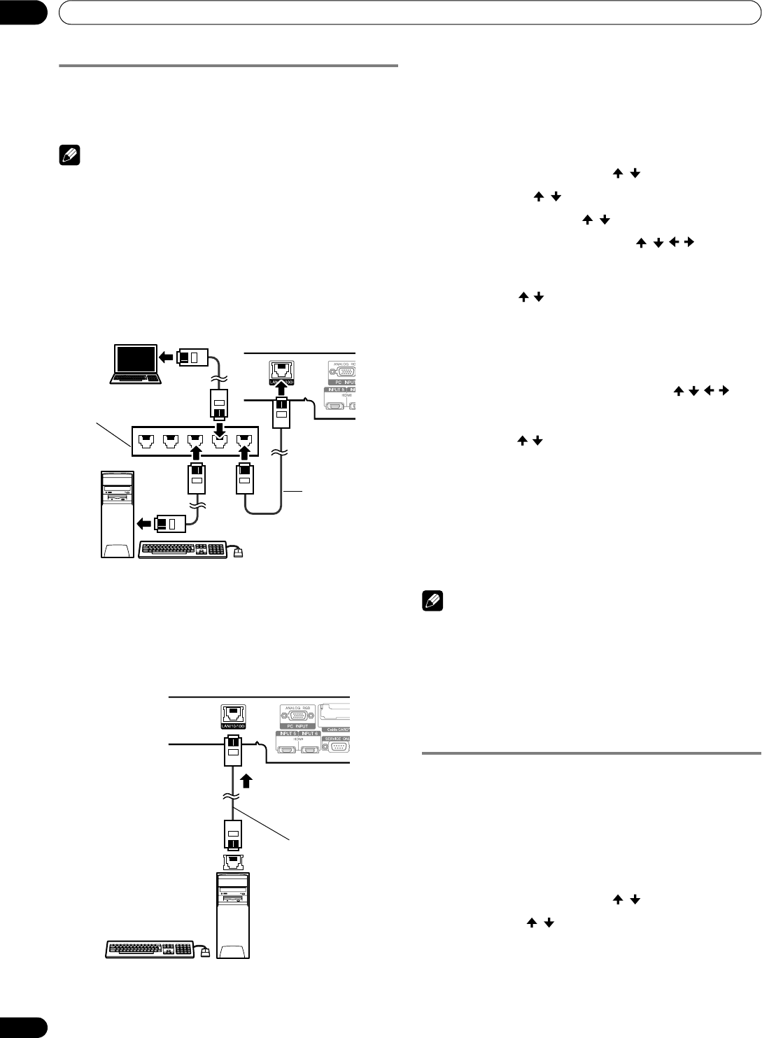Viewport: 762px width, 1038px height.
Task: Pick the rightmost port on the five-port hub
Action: click(244, 441)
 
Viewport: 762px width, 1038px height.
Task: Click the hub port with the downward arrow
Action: click(220, 441)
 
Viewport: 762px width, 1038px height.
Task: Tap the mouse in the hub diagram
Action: click(239, 553)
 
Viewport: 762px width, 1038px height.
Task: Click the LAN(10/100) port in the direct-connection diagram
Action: click(234, 716)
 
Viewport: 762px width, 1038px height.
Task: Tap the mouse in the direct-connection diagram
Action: click(206, 951)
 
